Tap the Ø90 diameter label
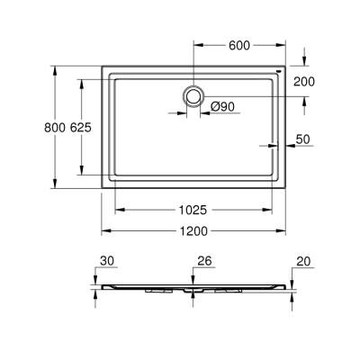[222, 108]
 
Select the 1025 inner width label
[193, 210]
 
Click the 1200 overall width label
[193, 231]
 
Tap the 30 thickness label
[108, 261]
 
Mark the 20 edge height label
[301, 261]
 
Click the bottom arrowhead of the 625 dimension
[82, 174]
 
